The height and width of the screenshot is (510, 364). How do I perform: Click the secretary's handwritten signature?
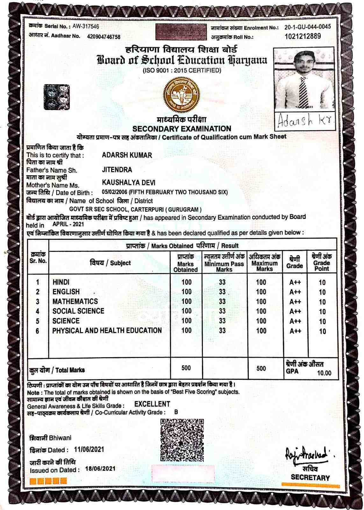pos(305,454)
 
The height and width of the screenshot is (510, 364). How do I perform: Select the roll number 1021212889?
pos(303,36)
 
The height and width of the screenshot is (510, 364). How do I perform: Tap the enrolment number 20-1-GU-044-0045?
pos(308,27)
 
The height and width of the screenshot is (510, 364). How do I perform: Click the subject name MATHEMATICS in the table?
pos(75,302)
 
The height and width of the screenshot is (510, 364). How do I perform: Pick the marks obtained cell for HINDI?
pos(186,282)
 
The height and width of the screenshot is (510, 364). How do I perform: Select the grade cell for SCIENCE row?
pos(295,321)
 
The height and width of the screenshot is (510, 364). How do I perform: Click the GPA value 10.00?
pos(324,373)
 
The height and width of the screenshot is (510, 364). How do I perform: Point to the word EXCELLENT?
pos(152,404)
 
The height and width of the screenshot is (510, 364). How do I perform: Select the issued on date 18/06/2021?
pos(100,469)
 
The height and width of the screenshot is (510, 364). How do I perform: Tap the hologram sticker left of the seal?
pos(58,97)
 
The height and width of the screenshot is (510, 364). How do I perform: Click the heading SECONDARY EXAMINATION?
pos(182,129)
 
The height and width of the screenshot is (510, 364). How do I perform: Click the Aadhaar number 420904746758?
pos(104,37)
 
